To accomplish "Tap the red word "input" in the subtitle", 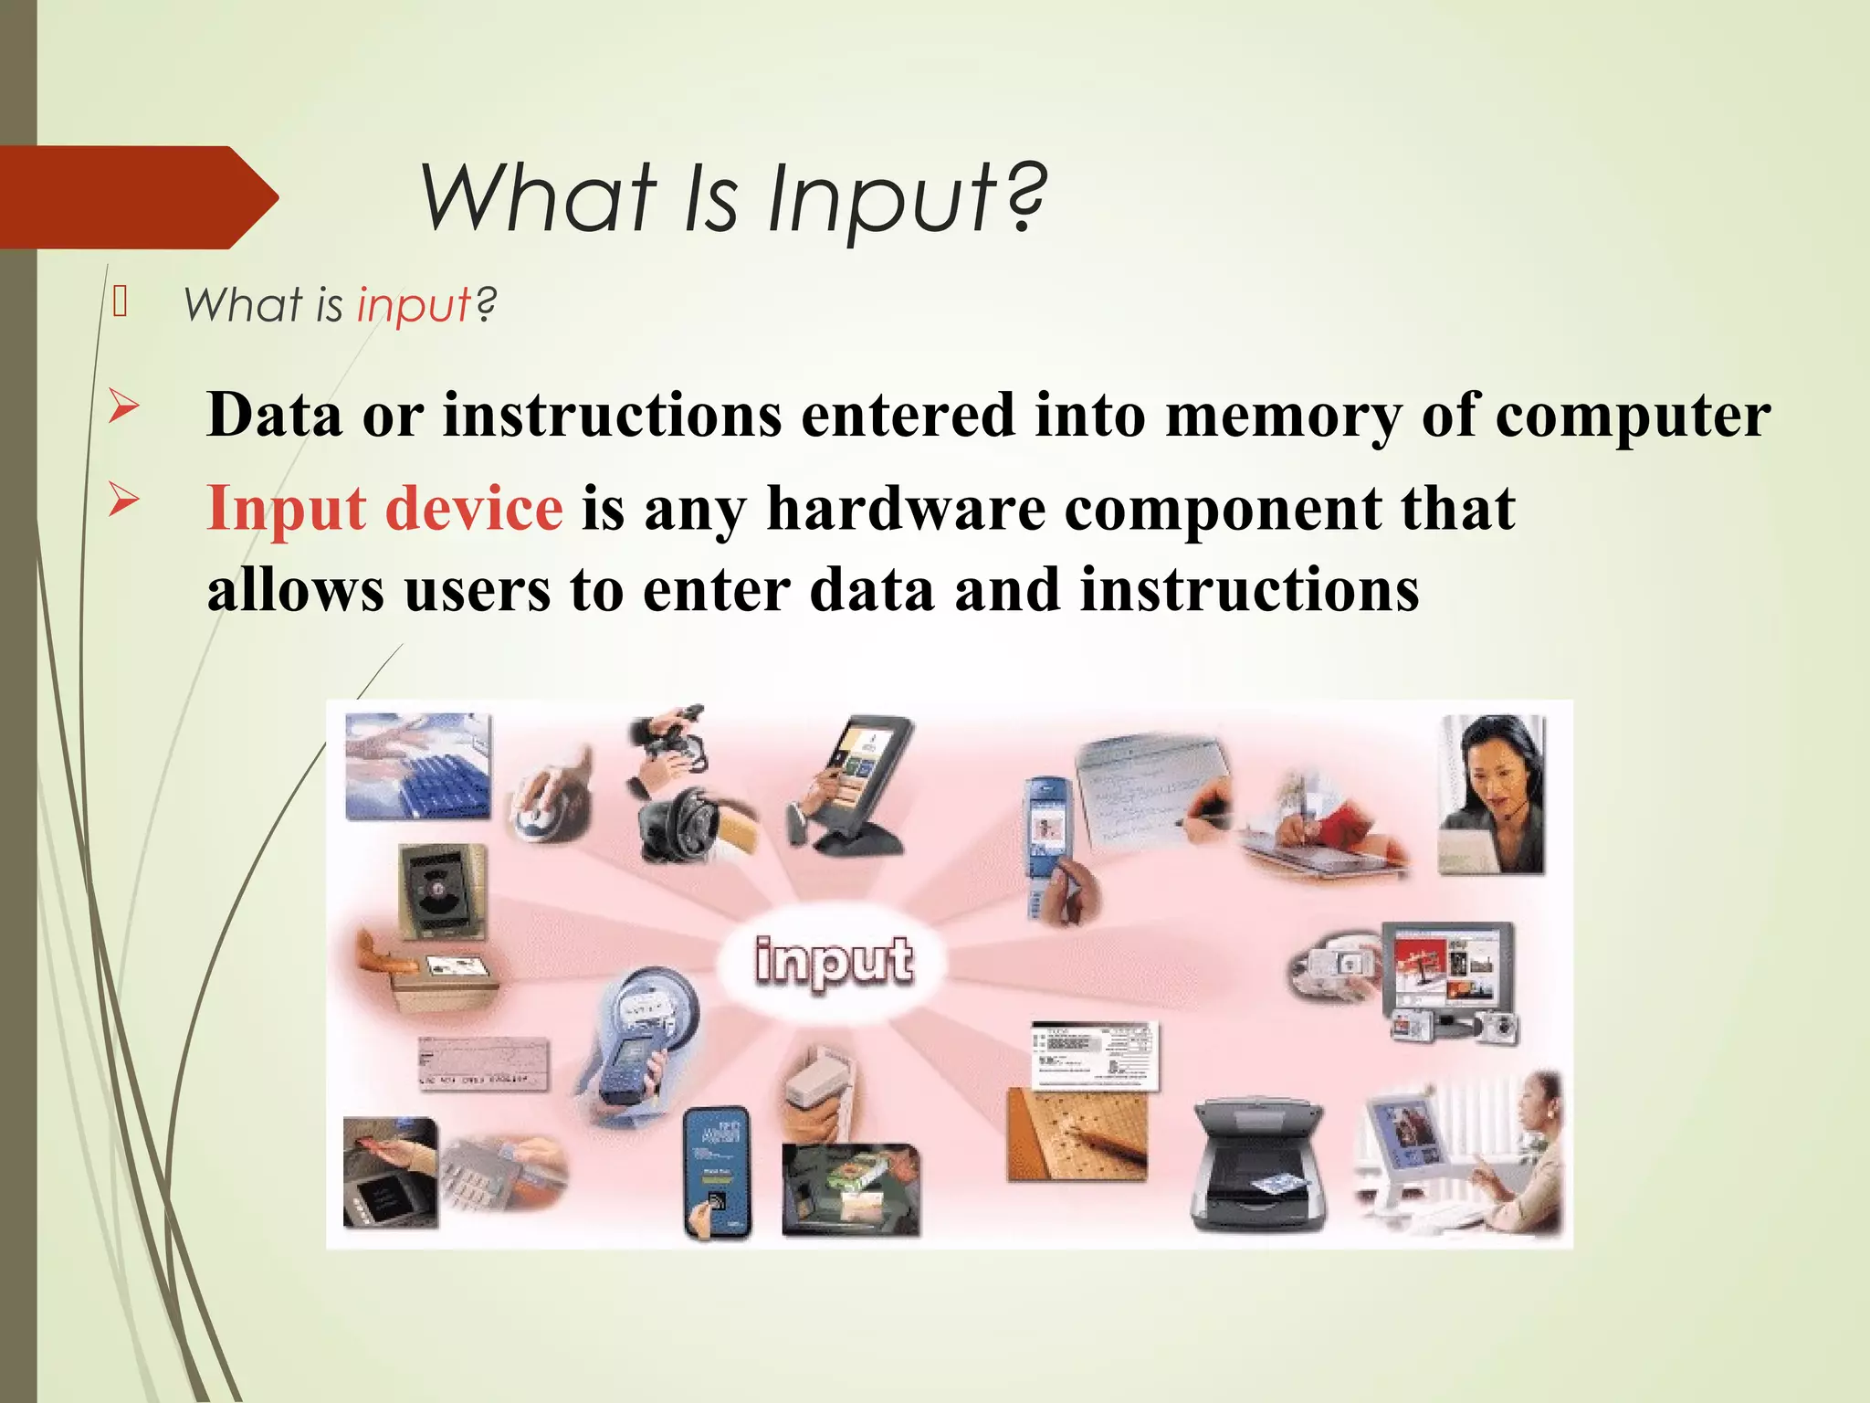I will coord(414,304).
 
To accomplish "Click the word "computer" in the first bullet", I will coord(1632,415).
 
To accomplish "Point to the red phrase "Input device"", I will coord(384,508).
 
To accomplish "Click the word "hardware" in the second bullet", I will coord(906,508).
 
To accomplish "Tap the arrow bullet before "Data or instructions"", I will coord(123,406).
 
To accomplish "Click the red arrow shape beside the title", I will coord(137,197).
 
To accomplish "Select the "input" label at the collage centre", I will coord(833,961).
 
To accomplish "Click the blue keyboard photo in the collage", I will coord(418,765).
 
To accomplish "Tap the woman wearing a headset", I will coord(1490,795).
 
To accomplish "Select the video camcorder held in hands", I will coord(671,744).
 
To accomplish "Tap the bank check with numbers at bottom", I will coord(483,1064).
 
